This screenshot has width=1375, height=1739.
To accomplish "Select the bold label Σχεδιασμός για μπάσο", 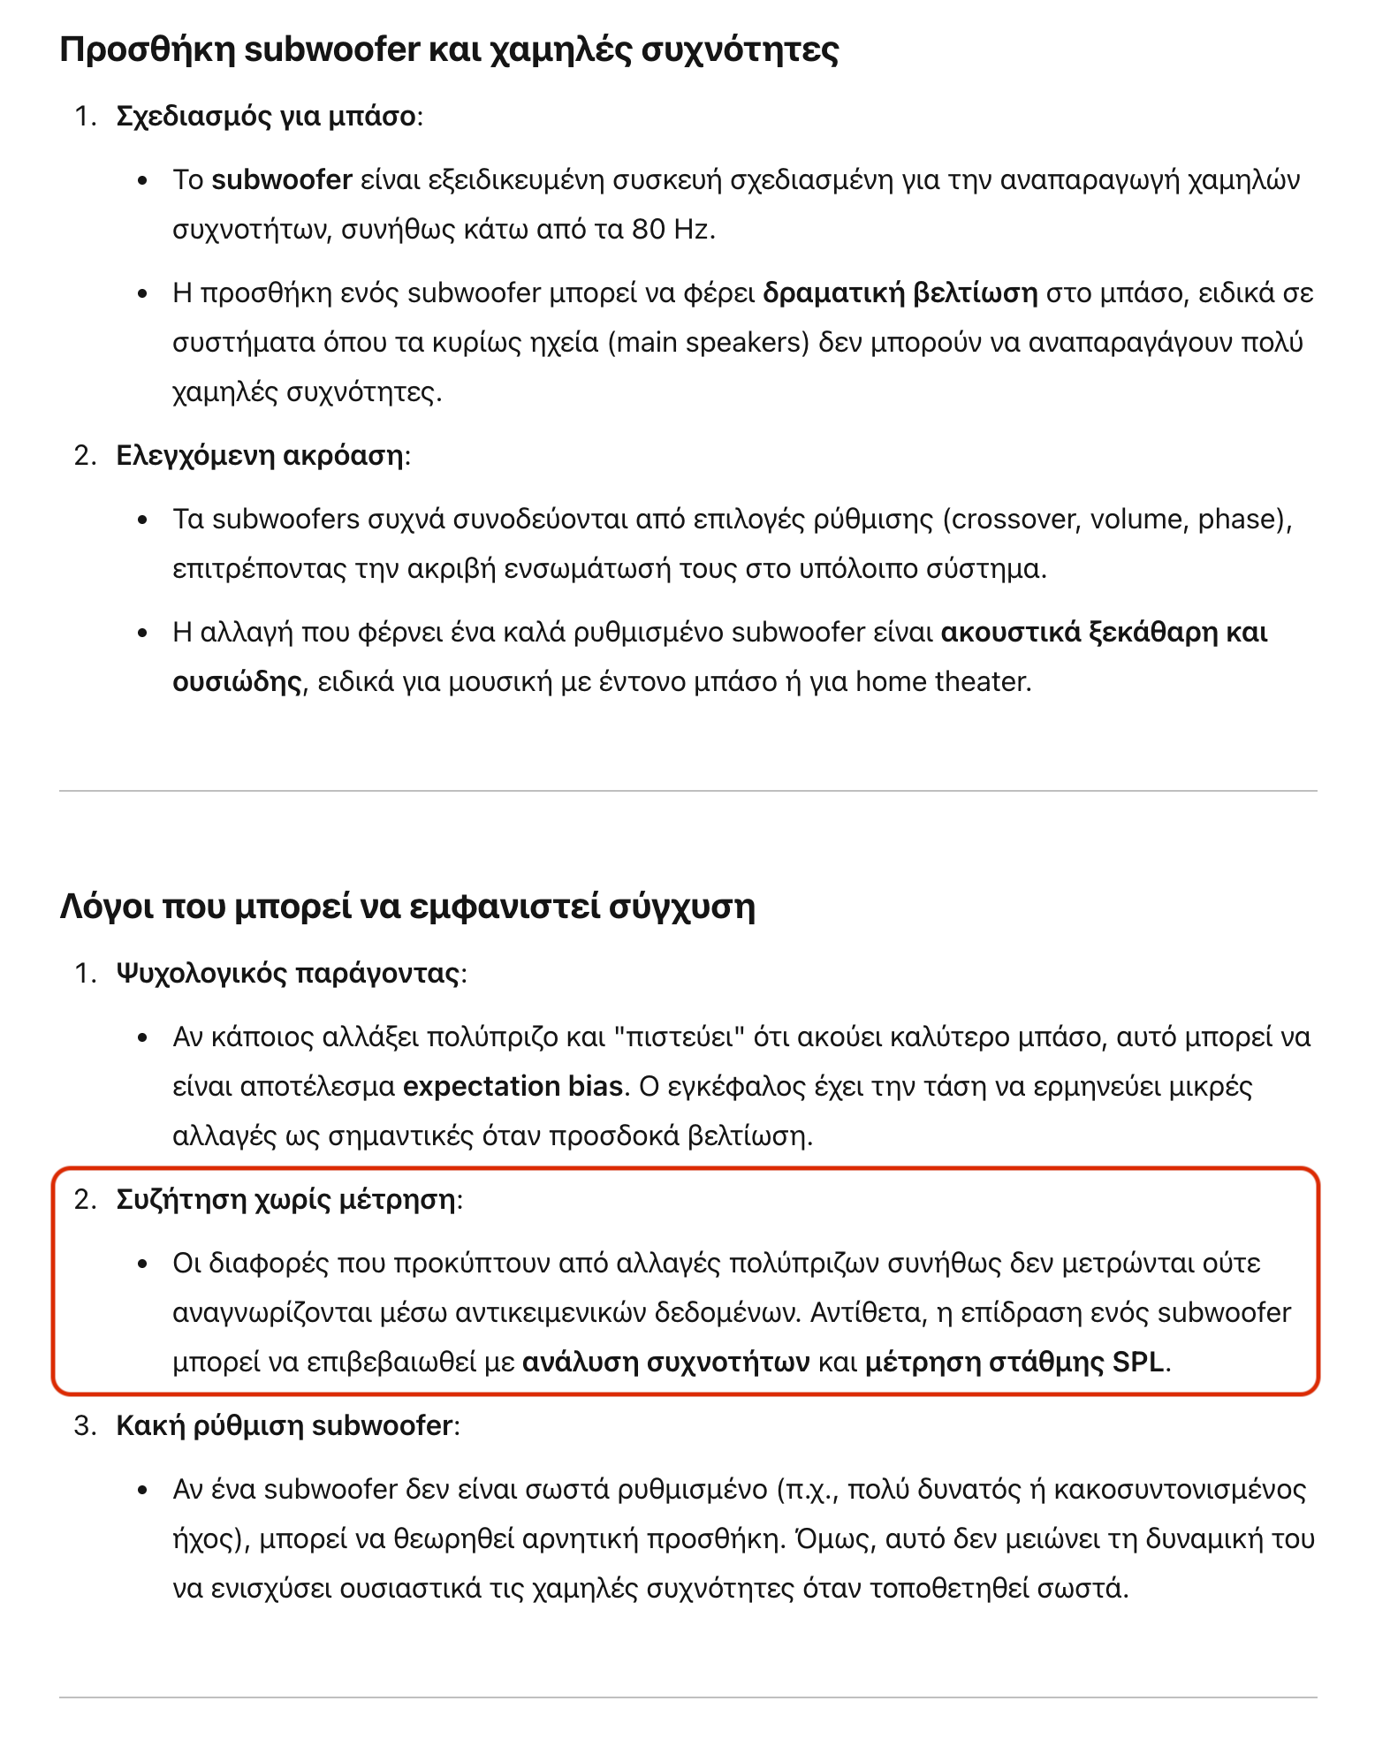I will (265, 117).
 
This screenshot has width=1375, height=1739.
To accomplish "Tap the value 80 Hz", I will (671, 230).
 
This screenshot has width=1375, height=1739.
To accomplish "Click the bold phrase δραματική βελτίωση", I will (900, 293).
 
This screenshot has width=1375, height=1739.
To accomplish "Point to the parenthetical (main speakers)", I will (709, 343).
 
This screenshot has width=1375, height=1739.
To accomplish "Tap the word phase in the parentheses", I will (1239, 520).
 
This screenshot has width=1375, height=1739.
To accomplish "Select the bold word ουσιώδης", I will (237, 682).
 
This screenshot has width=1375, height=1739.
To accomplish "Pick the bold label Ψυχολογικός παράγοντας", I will (288, 974).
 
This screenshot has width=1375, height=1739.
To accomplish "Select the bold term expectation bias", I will (513, 1086).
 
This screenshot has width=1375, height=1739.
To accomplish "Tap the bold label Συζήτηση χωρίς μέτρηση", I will (286, 1200).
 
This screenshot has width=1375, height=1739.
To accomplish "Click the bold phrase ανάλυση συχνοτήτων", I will (665, 1363).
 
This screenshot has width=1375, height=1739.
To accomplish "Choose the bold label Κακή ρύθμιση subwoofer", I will (284, 1426).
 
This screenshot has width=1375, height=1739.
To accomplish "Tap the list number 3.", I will (83, 1426).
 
